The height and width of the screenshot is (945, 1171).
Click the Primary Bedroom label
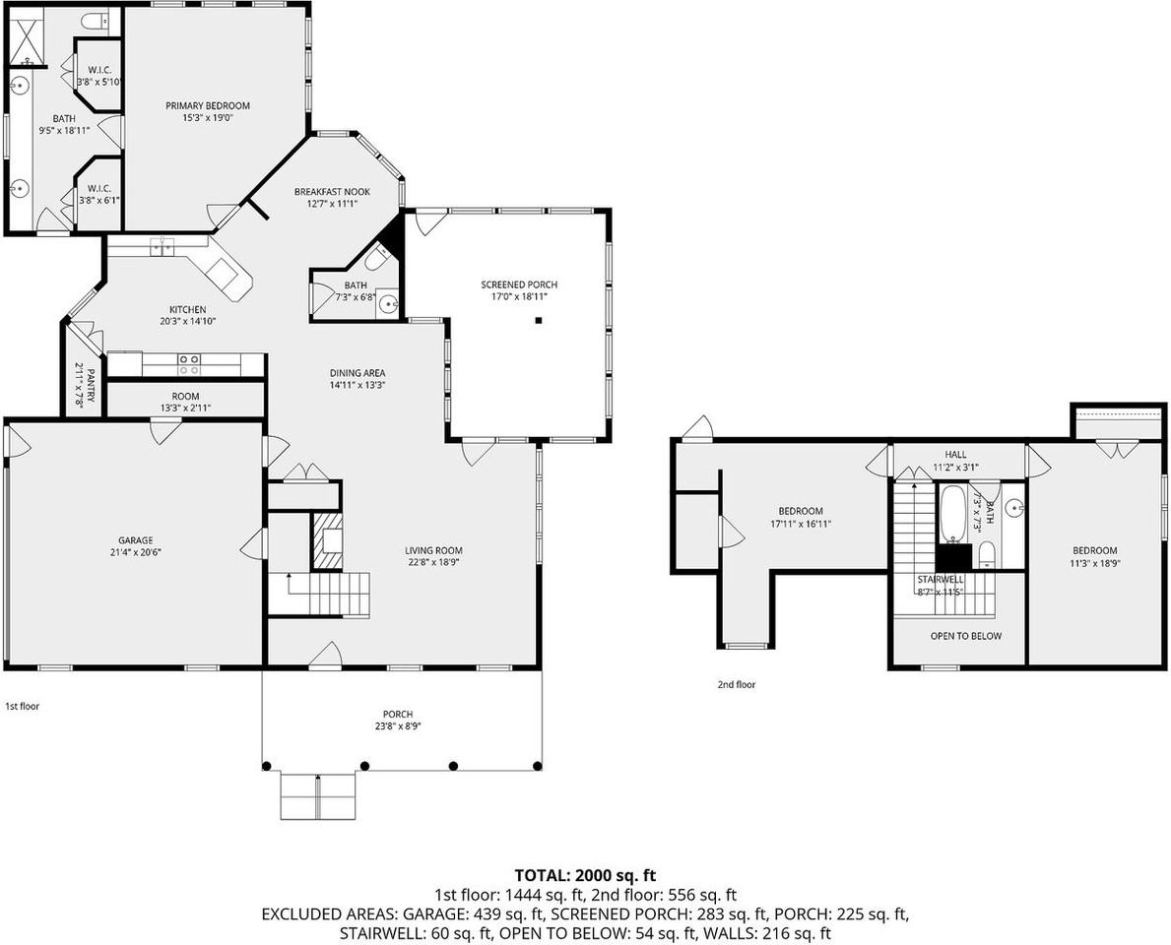[x=207, y=105]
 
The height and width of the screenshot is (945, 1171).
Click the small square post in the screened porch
[x=539, y=320]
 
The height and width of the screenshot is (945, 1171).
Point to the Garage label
[x=136, y=540]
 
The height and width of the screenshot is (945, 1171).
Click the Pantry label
[x=90, y=385]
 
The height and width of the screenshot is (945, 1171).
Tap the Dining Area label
[x=357, y=373]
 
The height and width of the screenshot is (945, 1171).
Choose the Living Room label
[x=433, y=550]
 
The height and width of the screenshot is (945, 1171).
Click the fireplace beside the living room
[x=328, y=539]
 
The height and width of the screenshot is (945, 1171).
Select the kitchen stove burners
[x=187, y=365]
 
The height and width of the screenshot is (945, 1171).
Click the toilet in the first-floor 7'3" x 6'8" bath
[x=375, y=259]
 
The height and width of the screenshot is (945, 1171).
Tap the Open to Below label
[x=965, y=636]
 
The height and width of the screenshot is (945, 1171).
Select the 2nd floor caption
[x=736, y=684]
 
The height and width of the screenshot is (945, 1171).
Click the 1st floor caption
[x=22, y=706]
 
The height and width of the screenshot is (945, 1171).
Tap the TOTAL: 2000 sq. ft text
[x=585, y=875]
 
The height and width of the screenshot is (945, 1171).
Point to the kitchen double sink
[x=161, y=246]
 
